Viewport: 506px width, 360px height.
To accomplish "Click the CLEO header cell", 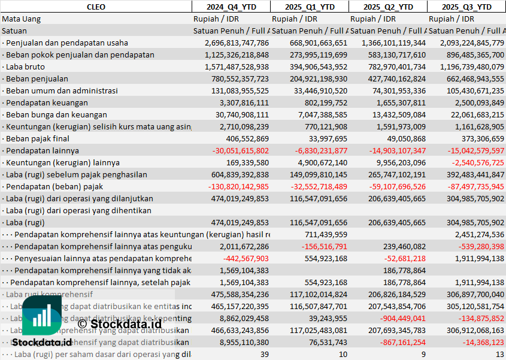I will coord(96,7).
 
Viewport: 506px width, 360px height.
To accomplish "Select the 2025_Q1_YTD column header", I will coord(309,7).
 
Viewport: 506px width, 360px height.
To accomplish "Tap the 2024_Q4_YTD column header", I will coord(231,7).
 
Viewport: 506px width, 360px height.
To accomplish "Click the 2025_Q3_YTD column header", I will coord(466,7).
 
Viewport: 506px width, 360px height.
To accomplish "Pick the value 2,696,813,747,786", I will coord(237,43).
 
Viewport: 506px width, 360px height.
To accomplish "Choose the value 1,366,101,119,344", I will coord(390,43).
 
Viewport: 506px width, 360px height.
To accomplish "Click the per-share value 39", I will coord(264,354).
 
